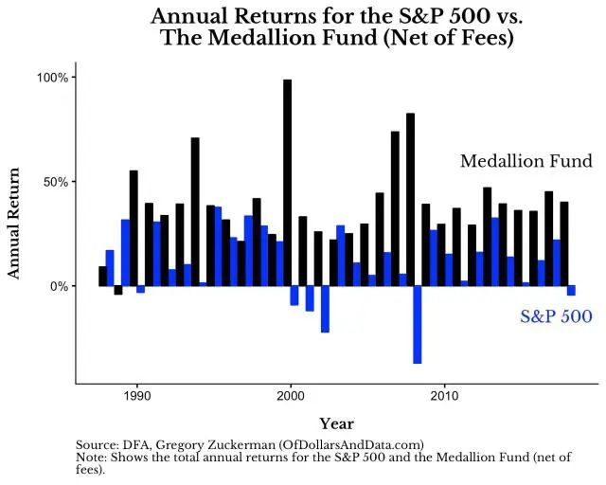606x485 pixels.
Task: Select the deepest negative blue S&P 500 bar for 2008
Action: point(417,324)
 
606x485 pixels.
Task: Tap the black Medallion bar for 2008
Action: point(410,199)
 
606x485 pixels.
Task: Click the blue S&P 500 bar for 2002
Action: point(325,309)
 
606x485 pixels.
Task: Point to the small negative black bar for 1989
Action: point(118,290)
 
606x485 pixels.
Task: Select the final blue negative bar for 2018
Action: point(571,291)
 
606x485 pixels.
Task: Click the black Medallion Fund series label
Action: point(526,162)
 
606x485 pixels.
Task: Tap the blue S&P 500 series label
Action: point(556,316)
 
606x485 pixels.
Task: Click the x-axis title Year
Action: point(336,423)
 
